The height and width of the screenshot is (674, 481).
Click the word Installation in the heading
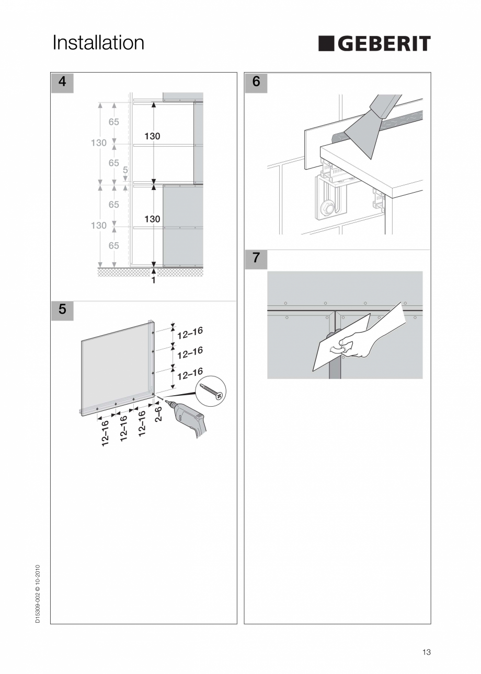point(98,43)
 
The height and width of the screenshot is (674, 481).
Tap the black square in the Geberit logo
point(327,44)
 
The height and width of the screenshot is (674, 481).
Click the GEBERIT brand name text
point(383,44)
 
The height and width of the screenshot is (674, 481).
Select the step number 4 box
point(62,82)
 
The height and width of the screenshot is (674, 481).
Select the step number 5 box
point(62,309)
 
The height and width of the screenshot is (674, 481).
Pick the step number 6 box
point(256,82)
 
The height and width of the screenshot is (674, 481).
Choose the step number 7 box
point(256,258)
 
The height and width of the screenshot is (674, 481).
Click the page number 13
point(426,652)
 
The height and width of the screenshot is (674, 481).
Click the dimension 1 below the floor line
point(153,280)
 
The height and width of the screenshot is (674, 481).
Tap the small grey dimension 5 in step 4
point(125,170)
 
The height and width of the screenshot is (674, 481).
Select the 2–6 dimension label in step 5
point(158,416)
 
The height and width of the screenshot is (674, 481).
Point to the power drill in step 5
point(189,419)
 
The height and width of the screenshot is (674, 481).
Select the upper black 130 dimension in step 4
point(152,136)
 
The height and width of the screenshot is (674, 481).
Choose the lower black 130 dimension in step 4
point(152,219)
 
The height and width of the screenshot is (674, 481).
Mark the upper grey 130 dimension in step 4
point(98,143)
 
